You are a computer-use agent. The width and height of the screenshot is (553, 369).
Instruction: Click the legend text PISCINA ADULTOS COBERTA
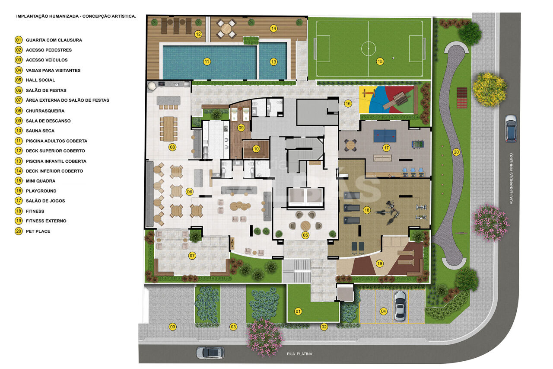tap(57, 141)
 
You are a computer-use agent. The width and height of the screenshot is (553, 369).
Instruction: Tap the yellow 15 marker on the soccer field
tap(380, 61)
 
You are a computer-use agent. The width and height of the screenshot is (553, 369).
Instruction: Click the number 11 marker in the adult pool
tap(207, 61)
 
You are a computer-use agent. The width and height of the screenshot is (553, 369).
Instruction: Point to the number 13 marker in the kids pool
tap(273, 62)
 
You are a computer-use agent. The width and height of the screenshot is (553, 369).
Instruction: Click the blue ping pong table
tap(385, 136)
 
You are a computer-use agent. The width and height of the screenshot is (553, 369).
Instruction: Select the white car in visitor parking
tap(400, 306)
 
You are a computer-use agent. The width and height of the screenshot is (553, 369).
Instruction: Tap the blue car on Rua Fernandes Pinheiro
tap(511, 128)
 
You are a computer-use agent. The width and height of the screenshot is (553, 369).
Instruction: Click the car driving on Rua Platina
tap(210, 353)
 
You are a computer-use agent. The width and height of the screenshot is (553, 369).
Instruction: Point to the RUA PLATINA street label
tap(299, 354)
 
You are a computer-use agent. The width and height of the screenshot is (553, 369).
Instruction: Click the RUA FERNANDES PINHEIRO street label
tap(511, 179)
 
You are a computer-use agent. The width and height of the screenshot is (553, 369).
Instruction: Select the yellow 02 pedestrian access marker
tap(324, 327)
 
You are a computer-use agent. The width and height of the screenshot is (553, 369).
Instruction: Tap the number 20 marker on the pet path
tap(456, 152)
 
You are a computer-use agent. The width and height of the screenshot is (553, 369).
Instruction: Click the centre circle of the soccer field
tap(369, 49)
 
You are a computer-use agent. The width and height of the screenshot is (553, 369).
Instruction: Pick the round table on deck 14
tap(226, 29)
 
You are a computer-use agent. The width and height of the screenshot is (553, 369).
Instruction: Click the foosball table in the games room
tap(417, 144)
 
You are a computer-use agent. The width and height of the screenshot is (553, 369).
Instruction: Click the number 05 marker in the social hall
tap(305, 235)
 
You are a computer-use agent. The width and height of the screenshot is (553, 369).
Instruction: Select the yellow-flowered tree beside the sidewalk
tap(489, 90)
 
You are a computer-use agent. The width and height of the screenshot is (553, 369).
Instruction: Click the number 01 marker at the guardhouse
tap(298, 311)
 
